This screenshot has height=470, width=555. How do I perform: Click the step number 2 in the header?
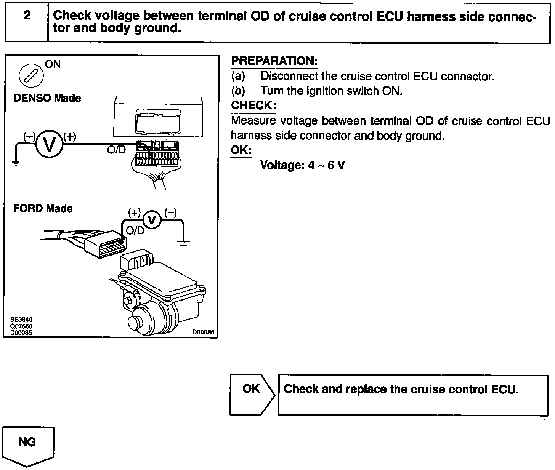tap(27, 16)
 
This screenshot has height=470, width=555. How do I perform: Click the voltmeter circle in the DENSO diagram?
tap(49, 144)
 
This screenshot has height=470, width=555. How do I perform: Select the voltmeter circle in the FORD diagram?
tap(152, 219)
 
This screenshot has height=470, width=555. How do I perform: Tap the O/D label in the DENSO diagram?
tap(116, 150)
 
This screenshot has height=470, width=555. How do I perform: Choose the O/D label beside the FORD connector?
tap(135, 230)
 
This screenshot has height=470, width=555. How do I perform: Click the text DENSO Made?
tap(47, 98)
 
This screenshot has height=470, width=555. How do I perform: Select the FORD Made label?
tap(43, 208)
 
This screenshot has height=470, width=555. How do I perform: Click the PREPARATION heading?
tap(274, 61)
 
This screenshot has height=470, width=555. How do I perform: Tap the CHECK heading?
tap(253, 105)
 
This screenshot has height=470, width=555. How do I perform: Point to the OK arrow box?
tap(252, 395)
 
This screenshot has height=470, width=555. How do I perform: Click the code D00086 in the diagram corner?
tap(203, 332)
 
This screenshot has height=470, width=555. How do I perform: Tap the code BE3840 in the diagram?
tap(21, 320)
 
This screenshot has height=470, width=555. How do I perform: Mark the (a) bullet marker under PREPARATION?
tap(238, 76)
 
